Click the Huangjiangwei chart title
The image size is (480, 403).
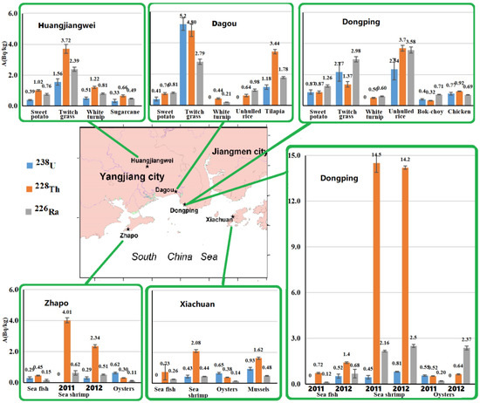point(66,26)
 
